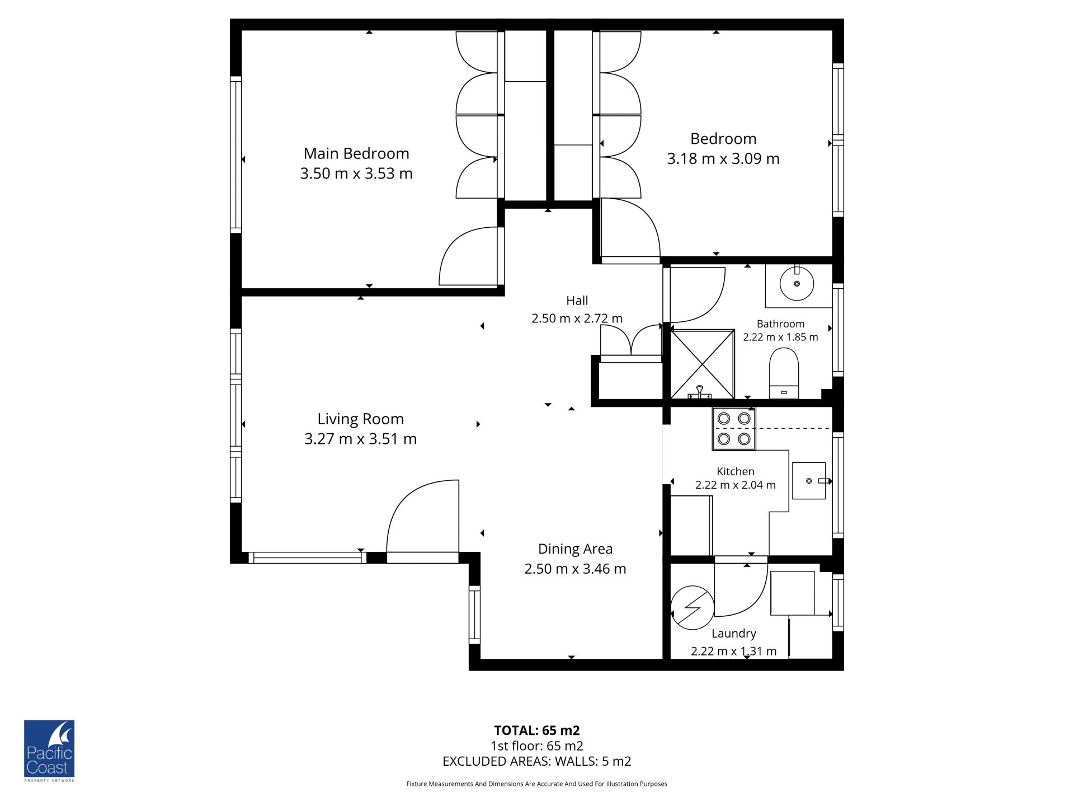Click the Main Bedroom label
(x=356, y=153)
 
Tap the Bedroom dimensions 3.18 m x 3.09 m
(x=723, y=159)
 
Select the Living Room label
(x=361, y=419)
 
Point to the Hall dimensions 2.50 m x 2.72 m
(x=577, y=318)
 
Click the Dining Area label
(x=575, y=549)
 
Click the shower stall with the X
(x=703, y=364)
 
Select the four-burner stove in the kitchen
(x=734, y=429)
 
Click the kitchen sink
(x=809, y=481)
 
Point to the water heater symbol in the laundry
(x=693, y=607)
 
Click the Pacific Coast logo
(x=49, y=751)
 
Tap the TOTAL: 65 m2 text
(x=537, y=730)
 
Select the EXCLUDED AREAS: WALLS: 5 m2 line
(x=537, y=761)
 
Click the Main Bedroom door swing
(x=468, y=256)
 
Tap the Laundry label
(x=734, y=634)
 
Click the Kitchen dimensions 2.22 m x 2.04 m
(x=736, y=485)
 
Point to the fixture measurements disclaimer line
(x=537, y=784)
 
